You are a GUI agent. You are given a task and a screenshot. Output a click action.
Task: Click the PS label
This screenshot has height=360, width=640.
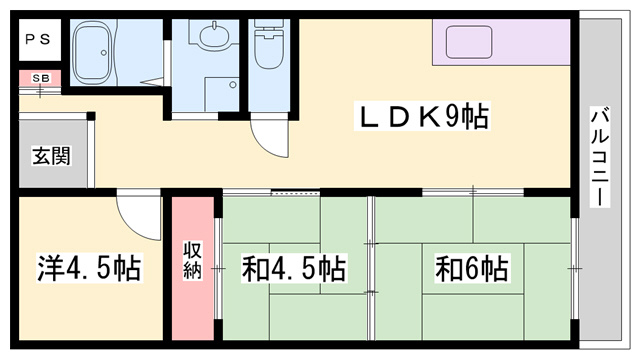38,40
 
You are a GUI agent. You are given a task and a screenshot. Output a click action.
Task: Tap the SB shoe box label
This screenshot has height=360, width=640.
40,78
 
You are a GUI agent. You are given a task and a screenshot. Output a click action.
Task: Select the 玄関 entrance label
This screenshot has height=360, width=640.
51,156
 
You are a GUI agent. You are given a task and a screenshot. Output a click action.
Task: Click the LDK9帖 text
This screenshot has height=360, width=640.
423,117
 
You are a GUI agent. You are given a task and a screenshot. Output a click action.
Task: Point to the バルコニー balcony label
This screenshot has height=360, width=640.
600,157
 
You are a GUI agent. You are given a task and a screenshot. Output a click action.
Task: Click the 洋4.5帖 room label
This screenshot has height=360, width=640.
89,268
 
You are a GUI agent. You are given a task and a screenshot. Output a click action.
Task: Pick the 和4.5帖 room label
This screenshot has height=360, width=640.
294,268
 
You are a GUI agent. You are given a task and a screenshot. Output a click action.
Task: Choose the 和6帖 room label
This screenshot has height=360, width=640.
472,268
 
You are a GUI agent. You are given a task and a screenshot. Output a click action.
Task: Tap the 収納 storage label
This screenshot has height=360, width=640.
192,260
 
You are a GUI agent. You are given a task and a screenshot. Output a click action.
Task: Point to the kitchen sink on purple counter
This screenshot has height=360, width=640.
469,42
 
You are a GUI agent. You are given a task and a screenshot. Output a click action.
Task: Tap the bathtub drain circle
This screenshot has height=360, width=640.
104,53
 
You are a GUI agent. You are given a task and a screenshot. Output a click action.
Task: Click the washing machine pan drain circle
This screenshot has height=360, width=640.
232,85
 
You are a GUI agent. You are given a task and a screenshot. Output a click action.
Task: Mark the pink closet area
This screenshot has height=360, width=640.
193,268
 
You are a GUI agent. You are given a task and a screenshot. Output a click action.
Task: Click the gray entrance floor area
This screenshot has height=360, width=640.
53,153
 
